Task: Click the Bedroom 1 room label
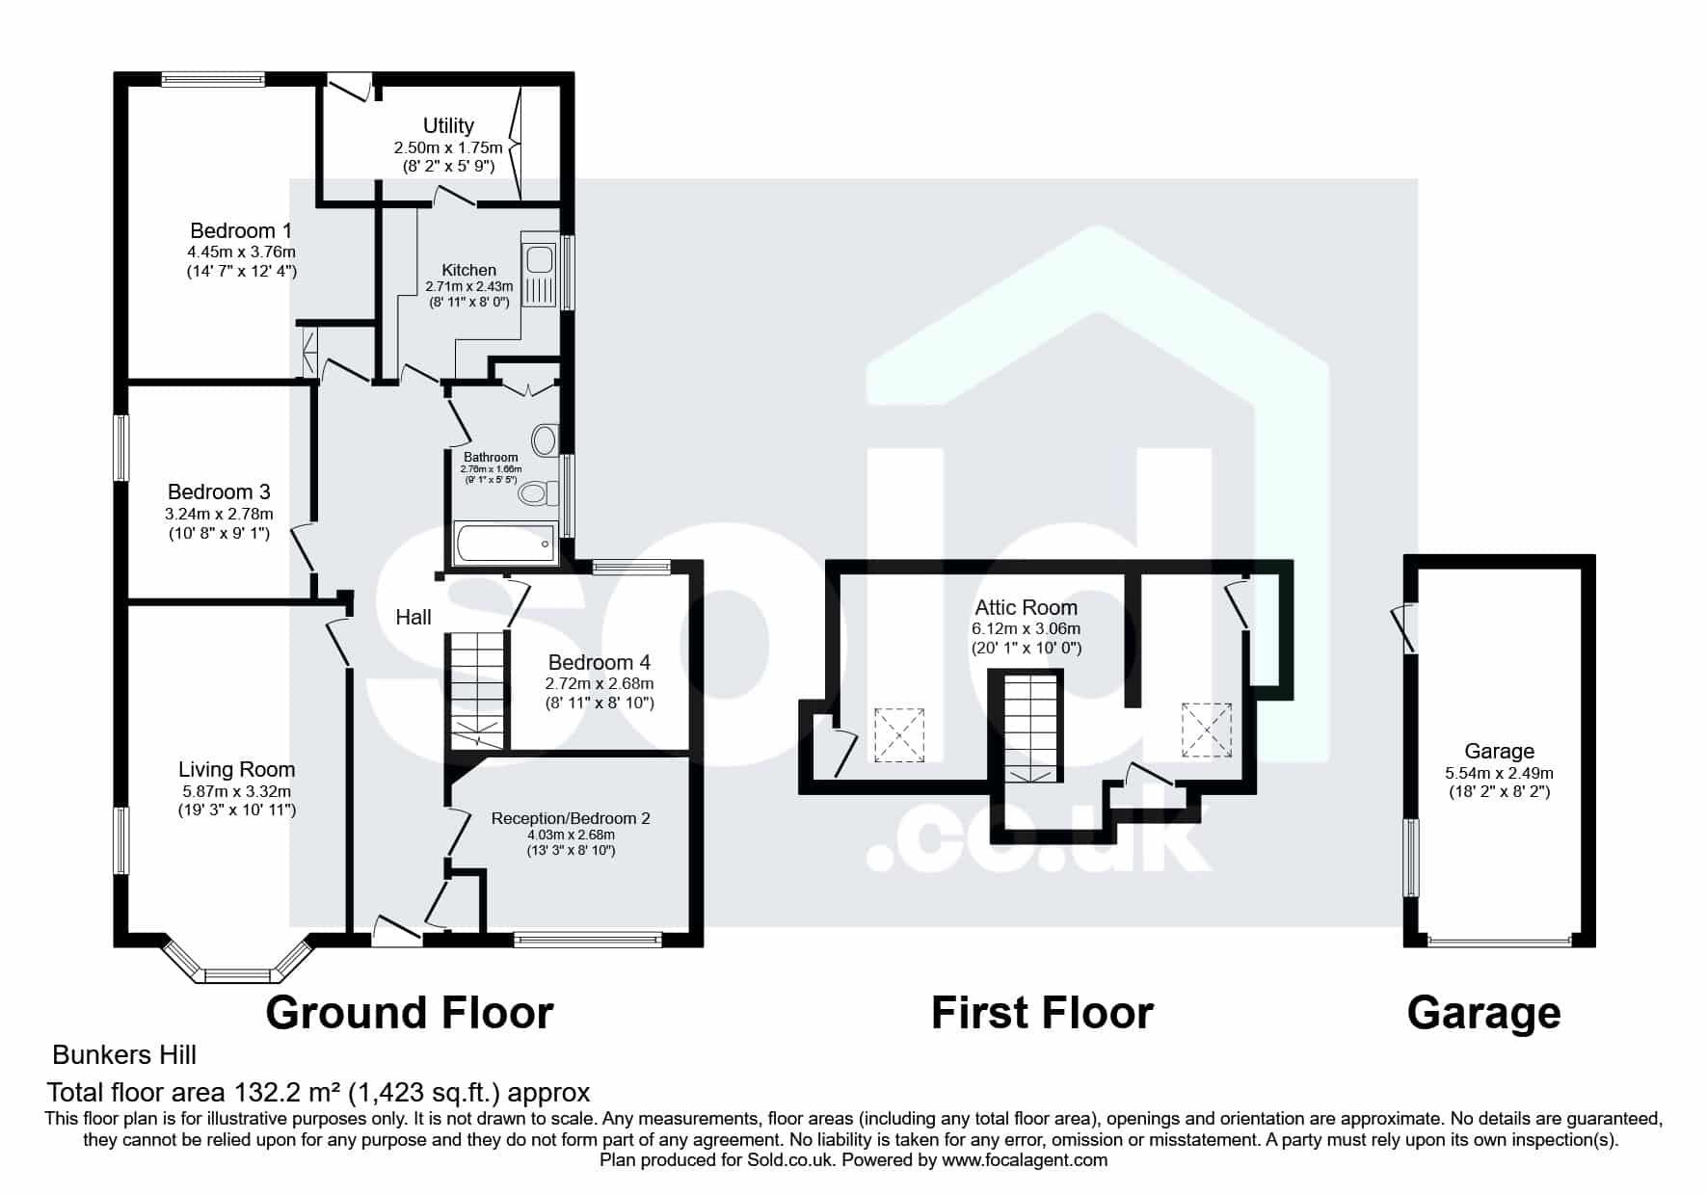tap(241, 231)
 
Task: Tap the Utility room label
tap(448, 125)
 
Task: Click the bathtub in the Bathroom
tap(505, 544)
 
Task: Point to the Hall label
tap(413, 617)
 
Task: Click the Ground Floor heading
tap(410, 1013)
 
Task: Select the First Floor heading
tap(1042, 1013)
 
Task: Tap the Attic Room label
tap(1026, 607)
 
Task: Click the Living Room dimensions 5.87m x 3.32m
tap(236, 791)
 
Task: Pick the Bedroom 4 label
tap(600, 662)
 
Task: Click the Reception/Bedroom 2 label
tap(571, 818)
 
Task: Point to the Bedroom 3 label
tap(219, 492)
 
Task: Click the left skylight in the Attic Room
tap(899, 735)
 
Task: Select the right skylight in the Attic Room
tap(1207, 730)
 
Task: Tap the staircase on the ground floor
tap(477, 690)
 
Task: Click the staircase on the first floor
tap(1031, 729)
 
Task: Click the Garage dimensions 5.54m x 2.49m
tap(1499, 773)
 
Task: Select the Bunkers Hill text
tap(124, 1055)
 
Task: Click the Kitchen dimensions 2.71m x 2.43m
tap(469, 286)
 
